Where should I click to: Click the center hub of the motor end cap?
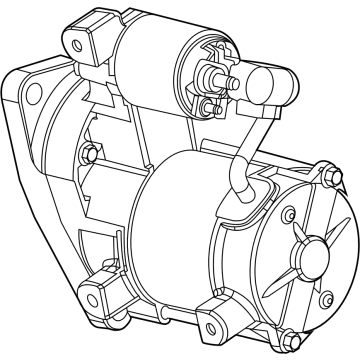tap(307, 246)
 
